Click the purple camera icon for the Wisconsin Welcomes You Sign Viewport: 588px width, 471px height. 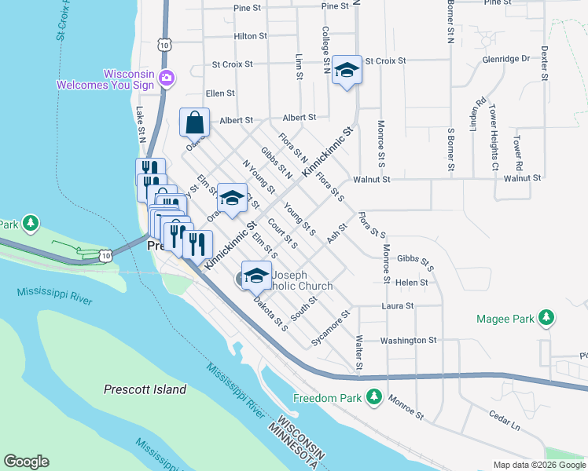pyautogui.click(x=166, y=77)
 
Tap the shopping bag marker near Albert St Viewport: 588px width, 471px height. pyautogui.click(x=194, y=123)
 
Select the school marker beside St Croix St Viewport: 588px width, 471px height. pyautogui.click(x=346, y=71)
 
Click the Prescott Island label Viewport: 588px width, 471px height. pyautogui.click(x=145, y=389)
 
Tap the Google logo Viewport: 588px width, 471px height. pyautogui.click(x=26, y=462)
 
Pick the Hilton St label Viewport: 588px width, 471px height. pyautogui.click(x=251, y=36)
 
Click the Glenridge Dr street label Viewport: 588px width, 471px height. pyautogui.click(x=505, y=59)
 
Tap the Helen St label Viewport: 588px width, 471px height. pyautogui.click(x=412, y=282)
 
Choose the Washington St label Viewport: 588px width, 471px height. pyautogui.click(x=408, y=340)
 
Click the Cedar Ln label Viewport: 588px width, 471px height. pyautogui.click(x=505, y=425)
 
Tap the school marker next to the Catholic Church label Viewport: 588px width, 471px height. pyautogui.click(x=256, y=276)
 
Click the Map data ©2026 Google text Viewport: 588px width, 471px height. pyautogui.click(x=538, y=465)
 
